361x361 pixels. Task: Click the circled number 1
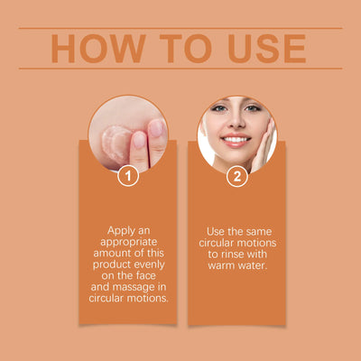pyautogui.click(x=128, y=176)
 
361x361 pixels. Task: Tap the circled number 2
pyautogui.click(x=236, y=176)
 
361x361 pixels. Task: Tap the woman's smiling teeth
pyautogui.click(x=236, y=142)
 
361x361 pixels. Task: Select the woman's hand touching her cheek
pyautogui.click(x=264, y=144)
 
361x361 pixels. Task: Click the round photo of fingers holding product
pyautogui.click(x=128, y=133)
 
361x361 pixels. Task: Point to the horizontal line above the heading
pyautogui.click(x=180, y=28)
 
